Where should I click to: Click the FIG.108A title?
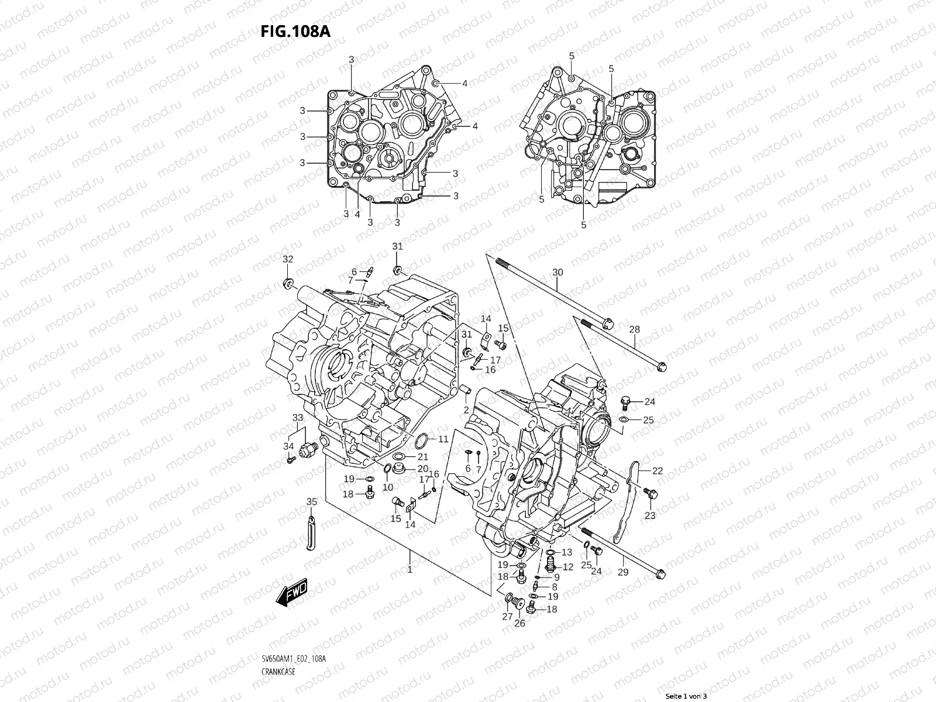pyautogui.click(x=295, y=31)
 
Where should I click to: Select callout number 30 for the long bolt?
pyautogui.click(x=558, y=273)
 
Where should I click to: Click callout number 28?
pyautogui.click(x=635, y=329)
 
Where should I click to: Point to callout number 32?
pyautogui.click(x=288, y=259)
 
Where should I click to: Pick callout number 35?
pyautogui.click(x=312, y=501)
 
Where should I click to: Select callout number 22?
pyautogui.click(x=658, y=471)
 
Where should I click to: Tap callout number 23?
pyautogui.click(x=650, y=515)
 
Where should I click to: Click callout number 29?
pyautogui.click(x=623, y=572)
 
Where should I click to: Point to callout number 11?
pyautogui.click(x=443, y=439)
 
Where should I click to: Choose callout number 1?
pyautogui.click(x=409, y=569)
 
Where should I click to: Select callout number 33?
pyautogui.click(x=298, y=417)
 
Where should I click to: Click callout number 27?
pyautogui.click(x=507, y=617)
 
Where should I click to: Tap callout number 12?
pyautogui.click(x=567, y=567)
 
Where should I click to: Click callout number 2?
pyautogui.click(x=466, y=409)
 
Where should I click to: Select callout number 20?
pyautogui.click(x=422, y=469)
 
